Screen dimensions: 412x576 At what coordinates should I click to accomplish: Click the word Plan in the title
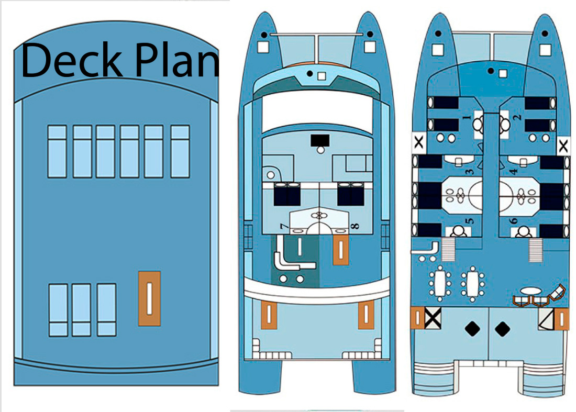pos(175,61)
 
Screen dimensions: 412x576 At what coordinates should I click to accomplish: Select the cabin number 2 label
pos(516,118)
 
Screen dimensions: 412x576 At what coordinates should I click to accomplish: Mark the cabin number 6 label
pos(515,221)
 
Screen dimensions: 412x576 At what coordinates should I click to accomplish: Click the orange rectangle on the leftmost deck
pos(149,298)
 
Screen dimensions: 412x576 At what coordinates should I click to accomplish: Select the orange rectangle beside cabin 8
pos(341,249)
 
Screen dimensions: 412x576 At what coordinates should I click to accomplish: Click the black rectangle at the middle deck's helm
pos(319,140)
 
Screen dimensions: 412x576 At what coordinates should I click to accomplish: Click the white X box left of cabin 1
pos(419,141)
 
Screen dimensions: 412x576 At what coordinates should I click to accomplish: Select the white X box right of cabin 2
pos(563,146)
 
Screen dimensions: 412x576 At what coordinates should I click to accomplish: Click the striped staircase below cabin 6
pos(535,250)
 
